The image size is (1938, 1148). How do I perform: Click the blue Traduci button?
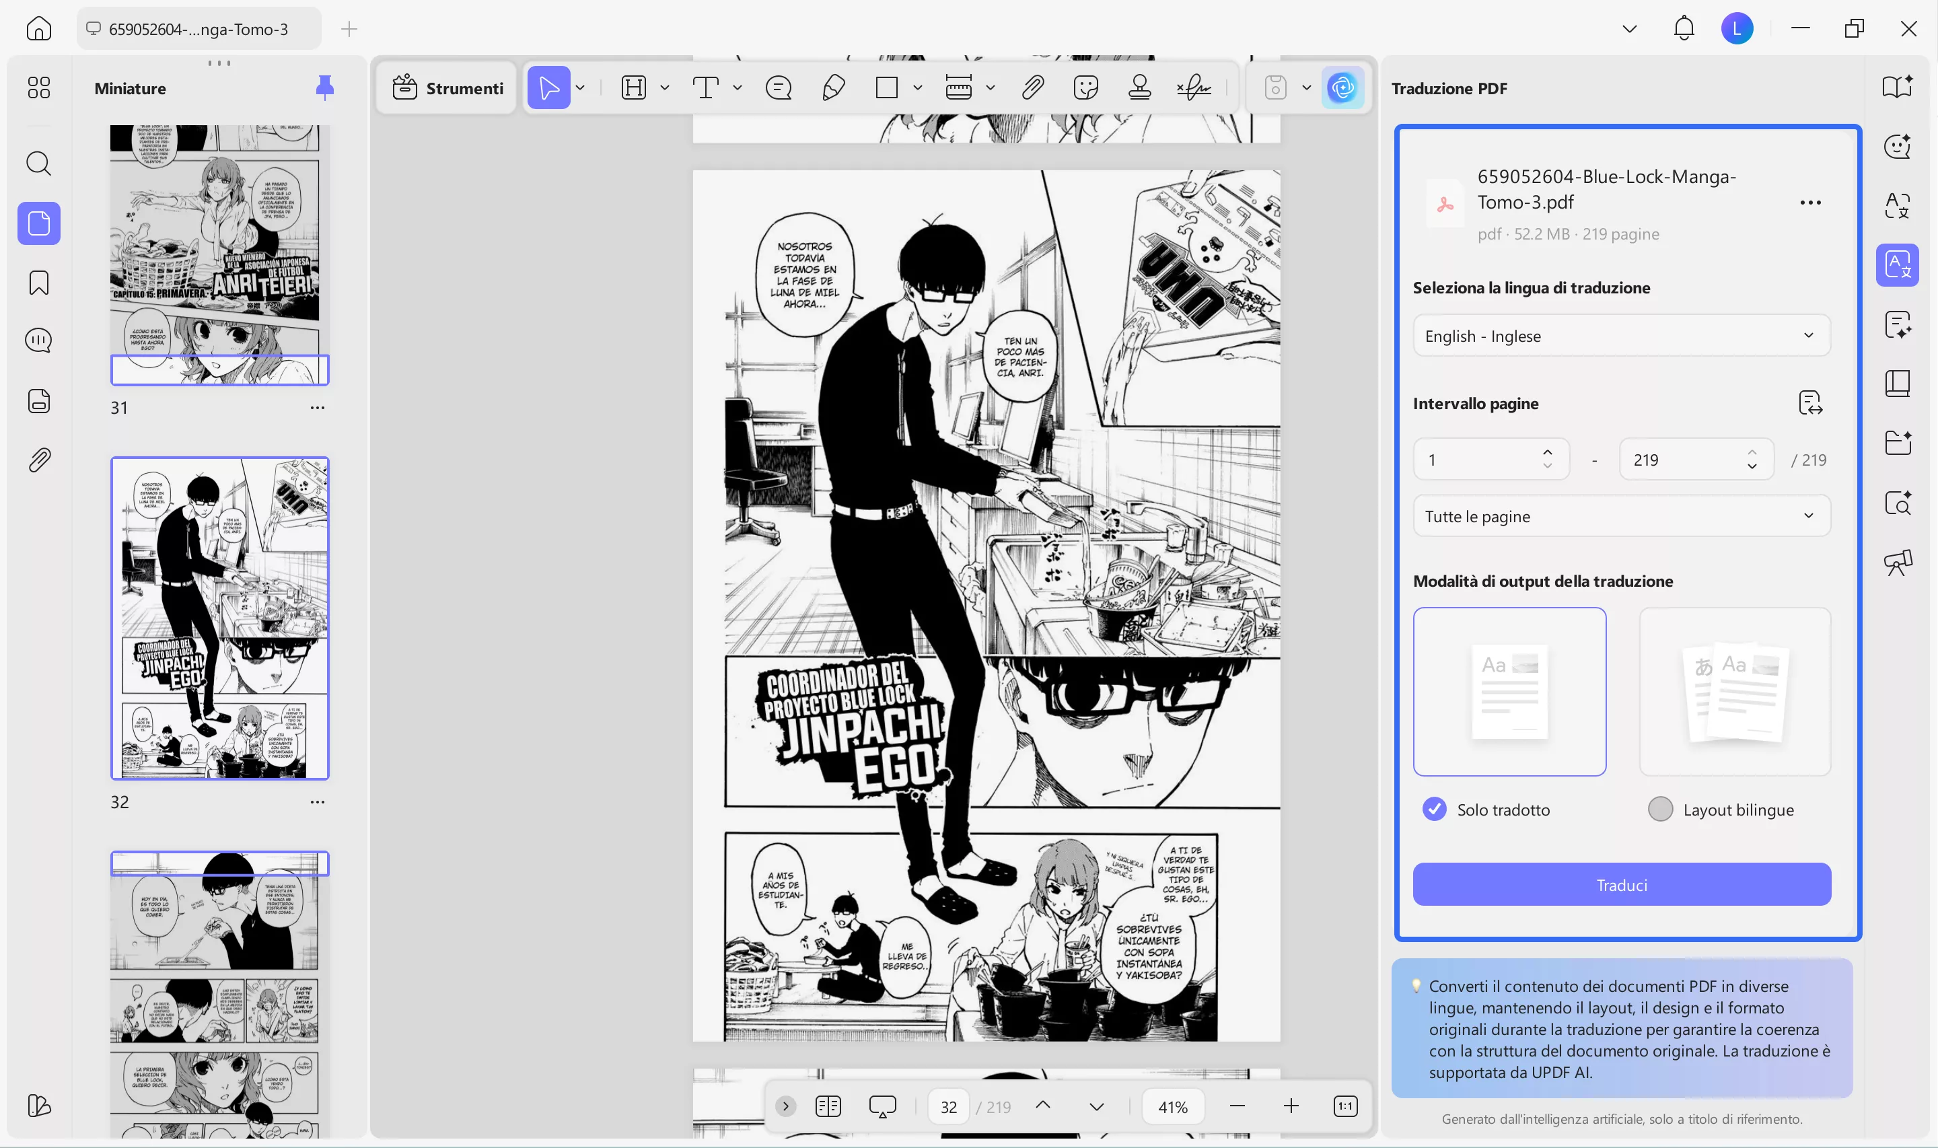coord(1621,884)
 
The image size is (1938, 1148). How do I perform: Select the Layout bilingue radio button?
coord(1659,809)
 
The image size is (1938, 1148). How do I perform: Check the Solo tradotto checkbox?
coord(1434,809)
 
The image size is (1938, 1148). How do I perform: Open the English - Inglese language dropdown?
coord(1621,336)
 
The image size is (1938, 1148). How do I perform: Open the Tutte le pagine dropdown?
coord(1621,516)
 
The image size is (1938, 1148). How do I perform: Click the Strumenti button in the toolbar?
coord(447,88)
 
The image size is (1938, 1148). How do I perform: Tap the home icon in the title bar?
coord(38,30)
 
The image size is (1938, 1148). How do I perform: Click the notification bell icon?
coord(1684,30)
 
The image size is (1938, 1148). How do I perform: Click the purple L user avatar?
coord(1737,30)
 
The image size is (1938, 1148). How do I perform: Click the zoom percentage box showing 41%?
coord(1172,1107)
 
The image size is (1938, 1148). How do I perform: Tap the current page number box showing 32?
coord(949,1107)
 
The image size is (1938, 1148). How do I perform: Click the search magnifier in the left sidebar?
coord(38,164)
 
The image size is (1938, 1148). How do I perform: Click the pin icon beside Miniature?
coord(325,88)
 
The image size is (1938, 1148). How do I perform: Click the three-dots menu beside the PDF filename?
coord(1809,203)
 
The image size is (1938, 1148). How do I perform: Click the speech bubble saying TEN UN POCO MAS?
coord(1021,356)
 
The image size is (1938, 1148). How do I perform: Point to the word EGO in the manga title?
coord(897,766)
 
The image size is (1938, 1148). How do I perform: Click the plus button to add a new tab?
coord(349,30)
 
